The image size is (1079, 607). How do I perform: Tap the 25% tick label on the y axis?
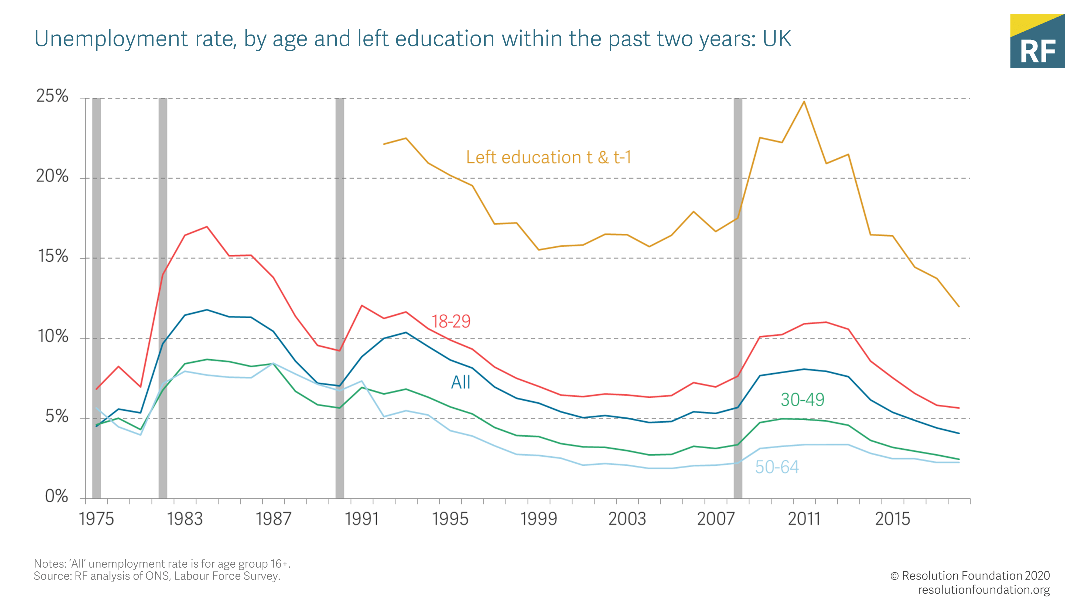[x=52, y=96]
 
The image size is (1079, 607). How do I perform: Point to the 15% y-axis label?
[x=52, y=256]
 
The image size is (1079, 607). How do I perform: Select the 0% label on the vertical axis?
[x=57, y=496]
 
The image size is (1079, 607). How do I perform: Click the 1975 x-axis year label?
[x=96, y=519]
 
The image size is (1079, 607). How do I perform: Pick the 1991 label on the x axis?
[x=361, y=519]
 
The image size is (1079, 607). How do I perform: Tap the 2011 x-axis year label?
[x=804, y=519]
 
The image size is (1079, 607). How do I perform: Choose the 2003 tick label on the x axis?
[x=627, y=519]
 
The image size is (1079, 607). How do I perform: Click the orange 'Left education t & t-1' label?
[x=548, y=158]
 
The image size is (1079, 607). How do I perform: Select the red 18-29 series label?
[x=451, y=321]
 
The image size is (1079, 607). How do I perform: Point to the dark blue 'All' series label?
[x=461, y=382]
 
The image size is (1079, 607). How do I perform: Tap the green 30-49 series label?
[x=802, y=400]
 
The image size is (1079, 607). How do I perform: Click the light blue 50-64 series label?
[x=777, y=467]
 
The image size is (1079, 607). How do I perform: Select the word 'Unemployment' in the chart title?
[x=111, y=39]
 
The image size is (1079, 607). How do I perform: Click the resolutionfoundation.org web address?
[x=984, y=590]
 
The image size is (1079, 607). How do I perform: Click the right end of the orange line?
[x=959, y=306]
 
